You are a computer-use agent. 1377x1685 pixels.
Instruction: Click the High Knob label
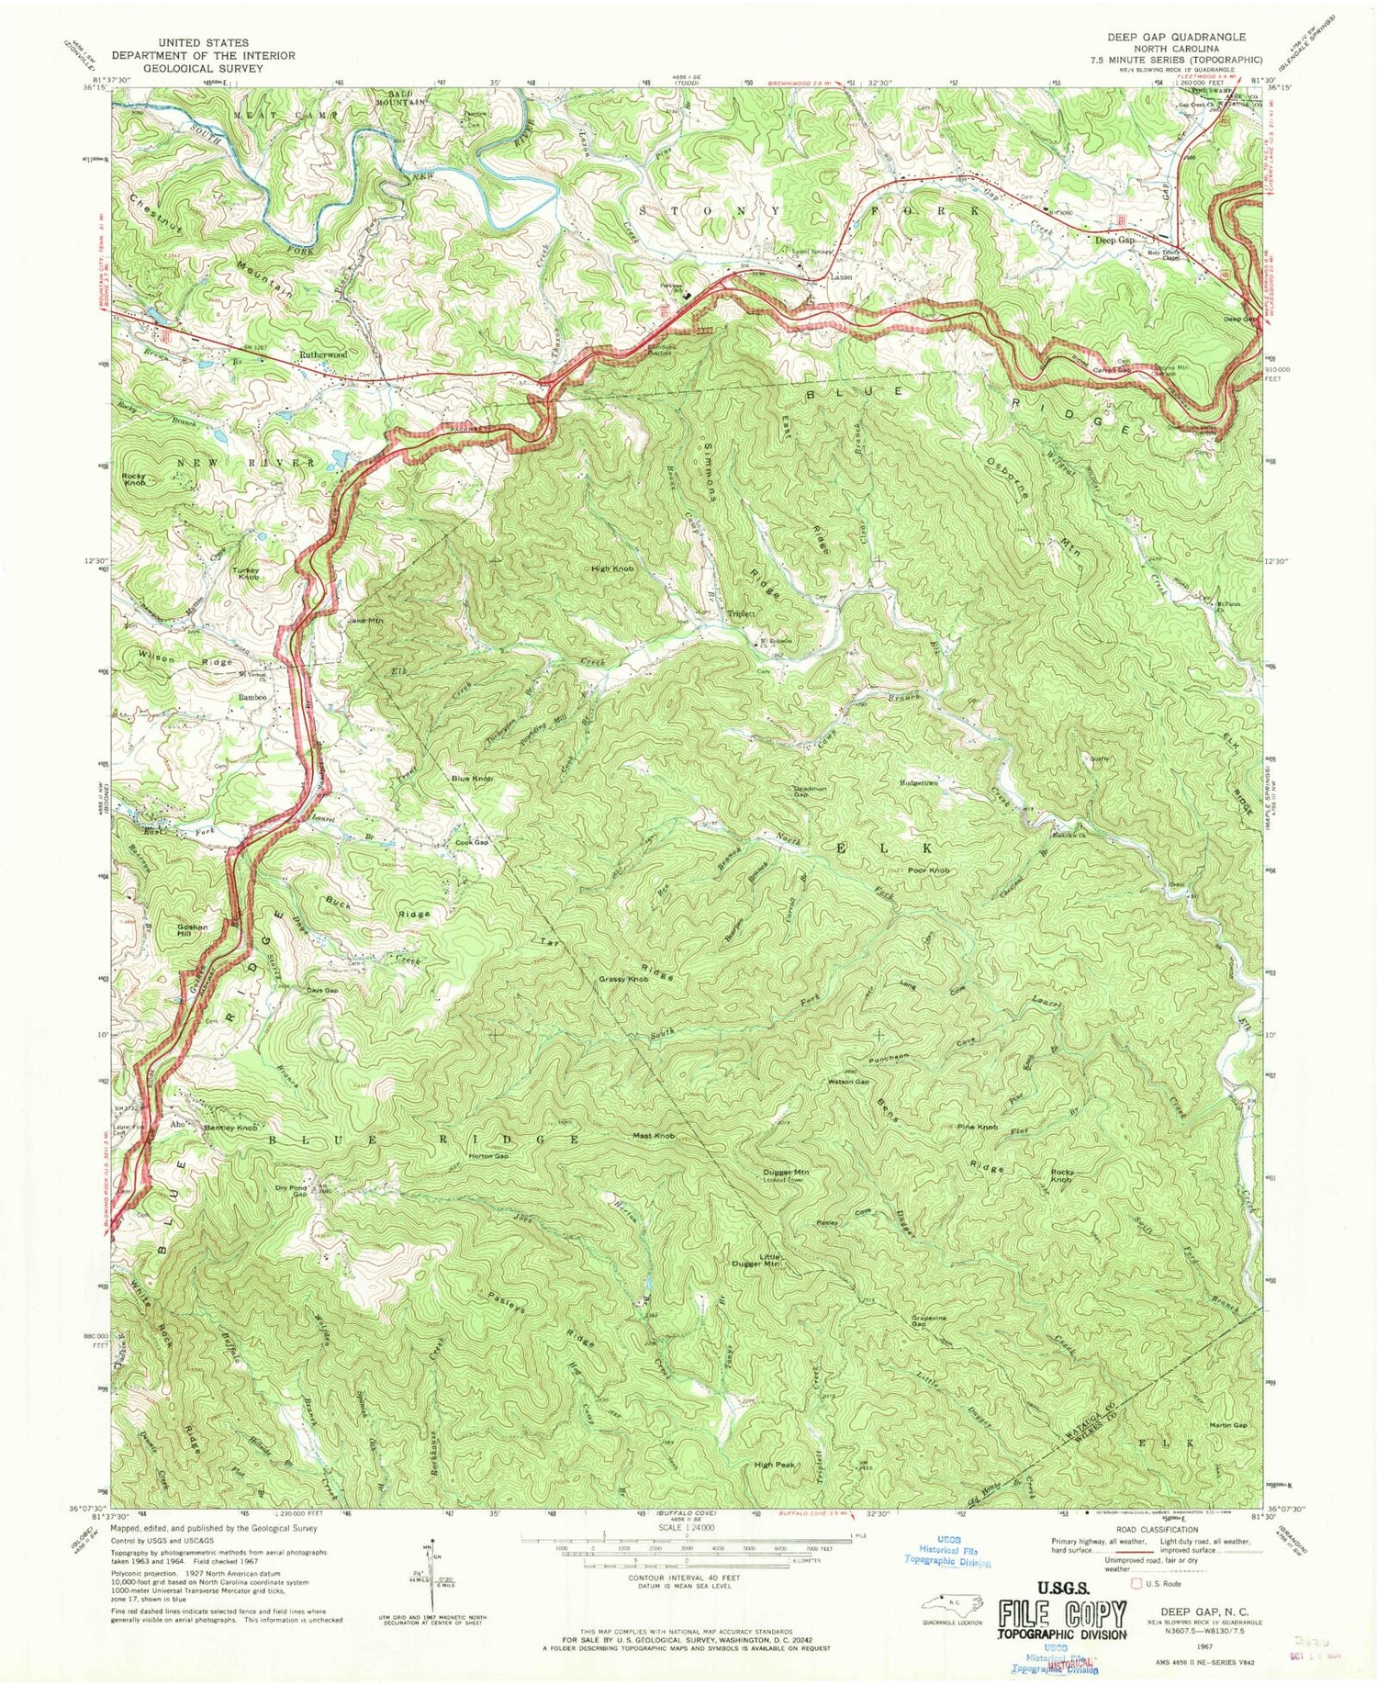[x=613, y=569]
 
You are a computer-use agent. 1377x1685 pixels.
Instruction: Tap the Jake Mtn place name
[x=364, y=622]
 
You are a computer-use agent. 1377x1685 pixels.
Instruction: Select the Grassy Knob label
[x=624, y=980]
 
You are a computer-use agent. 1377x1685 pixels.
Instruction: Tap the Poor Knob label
[x=928, y=870]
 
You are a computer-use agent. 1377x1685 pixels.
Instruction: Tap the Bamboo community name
[x=252, y=698]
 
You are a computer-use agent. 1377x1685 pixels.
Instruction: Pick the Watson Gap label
[x=849, y=1081]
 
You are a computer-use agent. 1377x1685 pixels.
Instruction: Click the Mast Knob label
[x=655, y=1136]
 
